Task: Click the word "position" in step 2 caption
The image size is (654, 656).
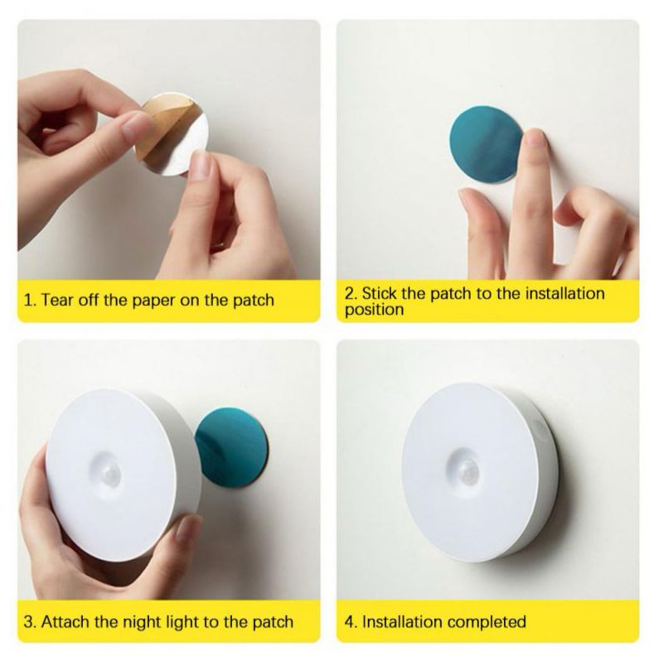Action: [375, 311]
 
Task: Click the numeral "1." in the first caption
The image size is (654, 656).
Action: [31, 301]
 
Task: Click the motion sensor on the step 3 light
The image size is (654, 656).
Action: [110, 475]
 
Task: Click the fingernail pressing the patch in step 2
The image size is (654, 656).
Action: [535, 137]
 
